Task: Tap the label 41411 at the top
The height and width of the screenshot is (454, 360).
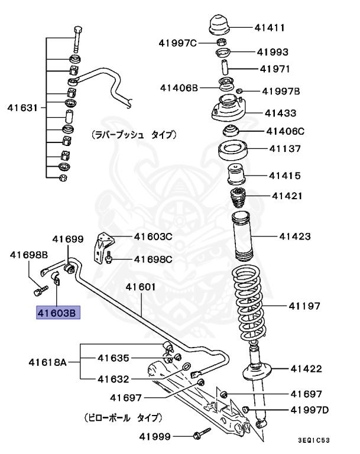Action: pos(270,27)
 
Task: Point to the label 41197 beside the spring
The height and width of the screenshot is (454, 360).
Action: pos(304,306)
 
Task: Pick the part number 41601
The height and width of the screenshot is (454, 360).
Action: pos(140,287)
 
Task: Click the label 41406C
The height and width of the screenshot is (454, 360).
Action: pos(285,131)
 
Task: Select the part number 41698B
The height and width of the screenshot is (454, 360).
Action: pos(28,255)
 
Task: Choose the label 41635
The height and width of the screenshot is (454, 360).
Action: pos(113,358)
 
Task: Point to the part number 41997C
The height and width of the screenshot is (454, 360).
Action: pos(177,43)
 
